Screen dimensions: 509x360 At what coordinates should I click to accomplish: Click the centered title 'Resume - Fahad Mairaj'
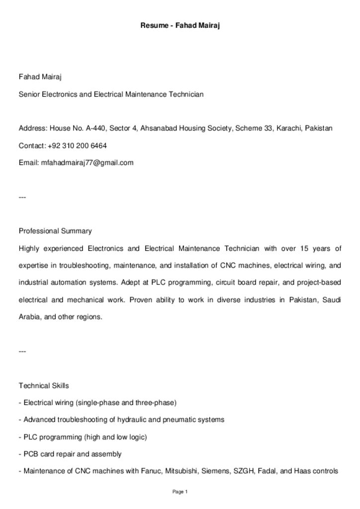(x=180, y=24)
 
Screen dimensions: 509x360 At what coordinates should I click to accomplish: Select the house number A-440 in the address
(x=95, y=129)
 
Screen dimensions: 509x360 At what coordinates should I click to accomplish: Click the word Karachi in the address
(x=289, y=129)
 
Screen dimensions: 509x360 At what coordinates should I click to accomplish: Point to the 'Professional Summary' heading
(x=55, y=231)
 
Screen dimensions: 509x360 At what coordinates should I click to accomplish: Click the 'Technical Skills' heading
(x=44, y=386)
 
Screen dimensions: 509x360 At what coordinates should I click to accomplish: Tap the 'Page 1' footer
(x=180, y=492)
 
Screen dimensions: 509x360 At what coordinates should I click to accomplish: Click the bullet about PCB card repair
(x=70, y=454)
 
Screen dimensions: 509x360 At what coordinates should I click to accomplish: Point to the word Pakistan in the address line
(x=319, y=129)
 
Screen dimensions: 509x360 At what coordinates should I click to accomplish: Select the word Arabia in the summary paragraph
(x=30, y=317)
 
